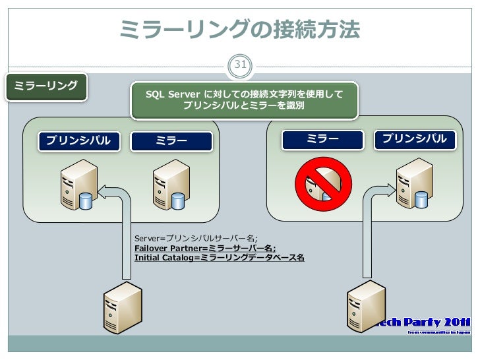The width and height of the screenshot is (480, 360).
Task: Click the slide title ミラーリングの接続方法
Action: (240, 29)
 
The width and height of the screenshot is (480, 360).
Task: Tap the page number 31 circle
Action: (240, 65)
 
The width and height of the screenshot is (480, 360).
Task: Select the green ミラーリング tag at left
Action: (46, 86)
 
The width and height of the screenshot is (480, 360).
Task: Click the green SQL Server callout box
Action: (244, 100)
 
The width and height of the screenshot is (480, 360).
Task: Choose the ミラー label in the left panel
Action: (171, 140)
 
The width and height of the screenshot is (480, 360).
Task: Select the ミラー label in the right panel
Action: (322, 139)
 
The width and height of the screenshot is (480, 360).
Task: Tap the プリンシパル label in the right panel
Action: (415, 139)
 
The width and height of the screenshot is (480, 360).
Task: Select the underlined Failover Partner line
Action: (205, 248)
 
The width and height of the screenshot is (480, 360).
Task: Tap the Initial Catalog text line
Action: (219, 258)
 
